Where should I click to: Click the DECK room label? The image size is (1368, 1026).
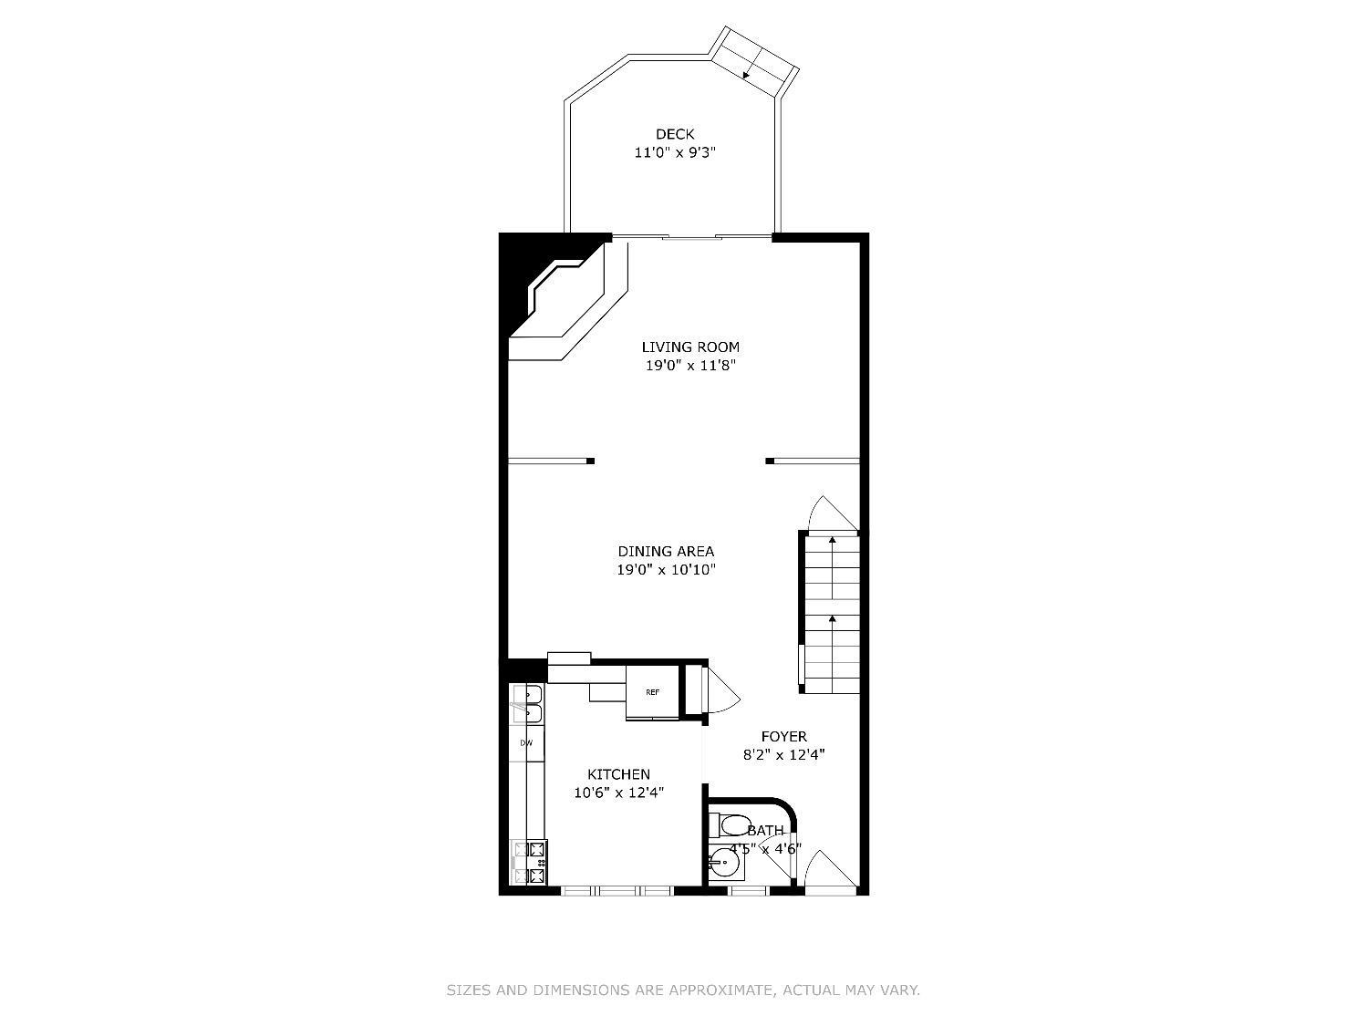[x=675, y=134]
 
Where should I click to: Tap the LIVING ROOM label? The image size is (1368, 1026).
[x=690, y=347]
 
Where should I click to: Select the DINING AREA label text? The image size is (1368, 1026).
[x=666, y=552]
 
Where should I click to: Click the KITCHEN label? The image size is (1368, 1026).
[x=619, y=774]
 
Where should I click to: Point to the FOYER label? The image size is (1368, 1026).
[x=784, y=736]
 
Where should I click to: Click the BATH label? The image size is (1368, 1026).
[x=765, y=831]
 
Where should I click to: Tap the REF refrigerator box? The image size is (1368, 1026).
[x=652, y=692]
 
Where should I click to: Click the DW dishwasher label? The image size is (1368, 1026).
[x=526, y=742]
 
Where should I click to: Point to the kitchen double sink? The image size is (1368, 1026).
[x=527, y=703]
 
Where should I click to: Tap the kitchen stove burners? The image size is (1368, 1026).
[x=529, y=862]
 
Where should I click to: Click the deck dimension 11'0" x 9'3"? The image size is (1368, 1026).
[x=675, y=152]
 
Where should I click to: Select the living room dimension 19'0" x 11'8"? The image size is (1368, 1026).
[x=690, y=366]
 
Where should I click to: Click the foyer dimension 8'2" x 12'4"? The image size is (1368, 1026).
[x=784, y=755]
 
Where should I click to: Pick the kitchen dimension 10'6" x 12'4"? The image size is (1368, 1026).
[x=619, y=793]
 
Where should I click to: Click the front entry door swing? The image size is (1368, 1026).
[x=831, y=873]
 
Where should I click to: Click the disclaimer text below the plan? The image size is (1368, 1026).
[x=683, y=990]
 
